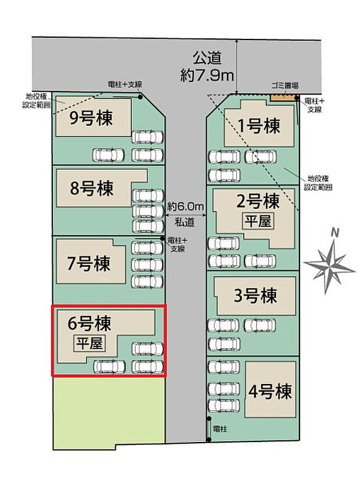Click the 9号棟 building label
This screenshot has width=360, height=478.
[x=91, y=119]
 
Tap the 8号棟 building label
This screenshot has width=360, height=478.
[x=91, y=189]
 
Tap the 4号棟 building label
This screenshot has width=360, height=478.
[x=270, y=392]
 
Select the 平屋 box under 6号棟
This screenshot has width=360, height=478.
[x=88, y=343]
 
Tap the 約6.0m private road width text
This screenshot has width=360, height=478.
[x=186, y=206]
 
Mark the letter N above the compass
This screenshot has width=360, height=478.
[x=334, y=233]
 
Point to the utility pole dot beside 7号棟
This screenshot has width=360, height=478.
[x=162, y=239]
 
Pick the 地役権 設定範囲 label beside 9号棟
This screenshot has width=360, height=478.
[x=38, y=101]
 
